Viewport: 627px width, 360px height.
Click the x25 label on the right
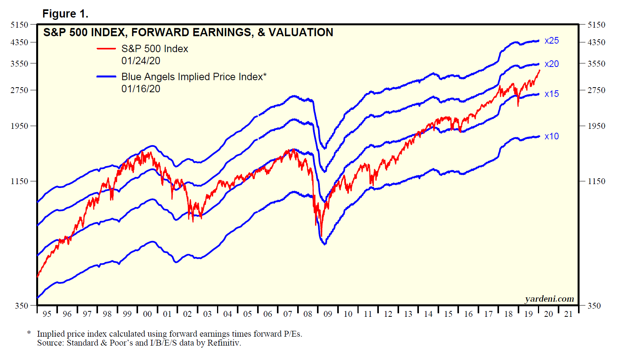(552, 41)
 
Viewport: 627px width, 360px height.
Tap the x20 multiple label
(552, 64)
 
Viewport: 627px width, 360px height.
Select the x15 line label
(552, 94)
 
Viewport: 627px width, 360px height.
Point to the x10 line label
(552, 137)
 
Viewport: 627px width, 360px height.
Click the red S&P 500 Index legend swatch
(106, 49)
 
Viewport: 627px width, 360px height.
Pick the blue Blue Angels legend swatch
(106, 77)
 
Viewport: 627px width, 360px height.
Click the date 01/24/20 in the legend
(141, 61)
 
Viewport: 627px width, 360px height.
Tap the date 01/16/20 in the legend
(141, 89)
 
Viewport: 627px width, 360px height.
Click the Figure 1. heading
(65, 14)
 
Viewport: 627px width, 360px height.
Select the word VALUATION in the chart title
(301, 33)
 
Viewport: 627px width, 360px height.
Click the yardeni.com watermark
(549, 299)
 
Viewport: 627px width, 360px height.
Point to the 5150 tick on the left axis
(19, 25)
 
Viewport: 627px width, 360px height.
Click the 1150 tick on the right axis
(596, 181)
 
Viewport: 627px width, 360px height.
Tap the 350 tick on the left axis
(22, 306)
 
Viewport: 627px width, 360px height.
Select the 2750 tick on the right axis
(596, 90)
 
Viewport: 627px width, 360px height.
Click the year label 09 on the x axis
(328, 314)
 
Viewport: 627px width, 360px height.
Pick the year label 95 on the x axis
(47, 314)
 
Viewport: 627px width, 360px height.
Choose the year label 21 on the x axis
(568, 314)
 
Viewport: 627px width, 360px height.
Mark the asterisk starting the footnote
(29, 333)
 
